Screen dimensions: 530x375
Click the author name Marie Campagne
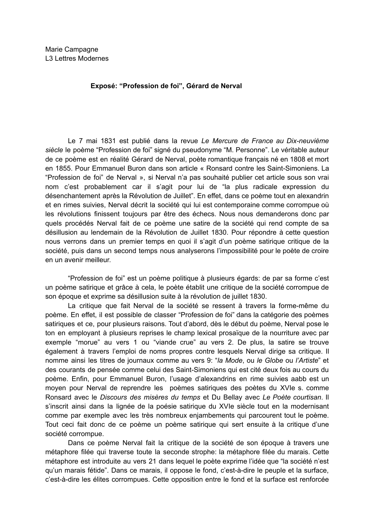pos(72,49)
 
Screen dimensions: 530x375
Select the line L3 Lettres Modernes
pos(77,58)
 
